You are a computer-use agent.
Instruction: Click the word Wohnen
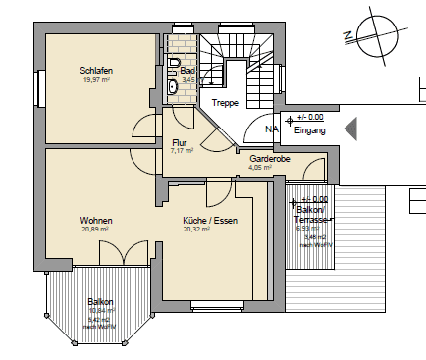click(96, 221)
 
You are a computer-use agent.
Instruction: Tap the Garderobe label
click(267, 158)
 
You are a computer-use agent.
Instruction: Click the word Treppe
click(226, 103)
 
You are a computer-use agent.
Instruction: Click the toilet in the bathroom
click(174, 67)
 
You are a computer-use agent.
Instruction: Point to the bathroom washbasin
click(174, 86)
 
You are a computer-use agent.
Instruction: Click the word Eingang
click(310, 129)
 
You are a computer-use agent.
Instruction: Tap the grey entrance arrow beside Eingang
click(348, 128)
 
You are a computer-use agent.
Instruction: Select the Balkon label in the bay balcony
click(99, 302)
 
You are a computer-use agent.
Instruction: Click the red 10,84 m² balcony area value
click(99, 312)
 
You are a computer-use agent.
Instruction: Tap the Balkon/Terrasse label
click(311, 216)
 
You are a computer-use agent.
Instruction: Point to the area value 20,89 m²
click(95, 231)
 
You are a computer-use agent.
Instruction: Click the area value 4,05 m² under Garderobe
click(260, 168)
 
